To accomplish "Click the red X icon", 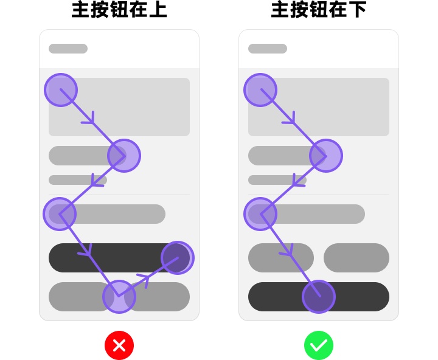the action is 119,345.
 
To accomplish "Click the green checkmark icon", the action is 319,345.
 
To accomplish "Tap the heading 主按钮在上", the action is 119,10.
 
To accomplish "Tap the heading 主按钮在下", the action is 319,10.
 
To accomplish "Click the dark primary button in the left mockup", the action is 112,258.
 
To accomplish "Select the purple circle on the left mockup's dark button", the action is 178,258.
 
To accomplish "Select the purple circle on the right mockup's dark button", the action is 319,297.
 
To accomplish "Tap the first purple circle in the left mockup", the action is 61,90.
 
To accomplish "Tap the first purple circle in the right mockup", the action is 260,90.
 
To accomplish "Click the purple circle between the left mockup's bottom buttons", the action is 119,297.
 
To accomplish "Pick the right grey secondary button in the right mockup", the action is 356,258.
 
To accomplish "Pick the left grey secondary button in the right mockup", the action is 280,258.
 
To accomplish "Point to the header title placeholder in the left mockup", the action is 68,49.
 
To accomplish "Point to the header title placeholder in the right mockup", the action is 268,49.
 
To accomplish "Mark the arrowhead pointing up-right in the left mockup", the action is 144,280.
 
